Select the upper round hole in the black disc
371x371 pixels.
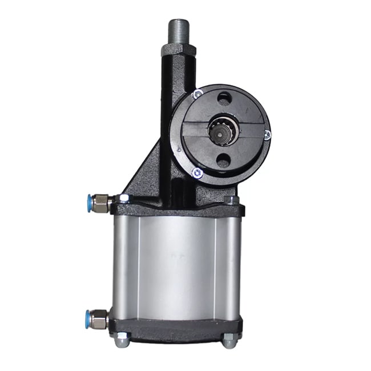[x=224, y=99]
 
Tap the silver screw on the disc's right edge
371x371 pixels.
[x=267, y=135]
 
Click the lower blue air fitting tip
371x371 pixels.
[x=90, y=316]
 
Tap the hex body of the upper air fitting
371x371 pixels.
[x=102, y=203]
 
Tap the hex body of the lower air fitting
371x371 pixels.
[x=102, y=317]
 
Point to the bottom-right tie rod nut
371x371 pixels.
[x=229, y=341]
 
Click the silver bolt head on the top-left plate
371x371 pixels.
[x=123, y=199]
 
